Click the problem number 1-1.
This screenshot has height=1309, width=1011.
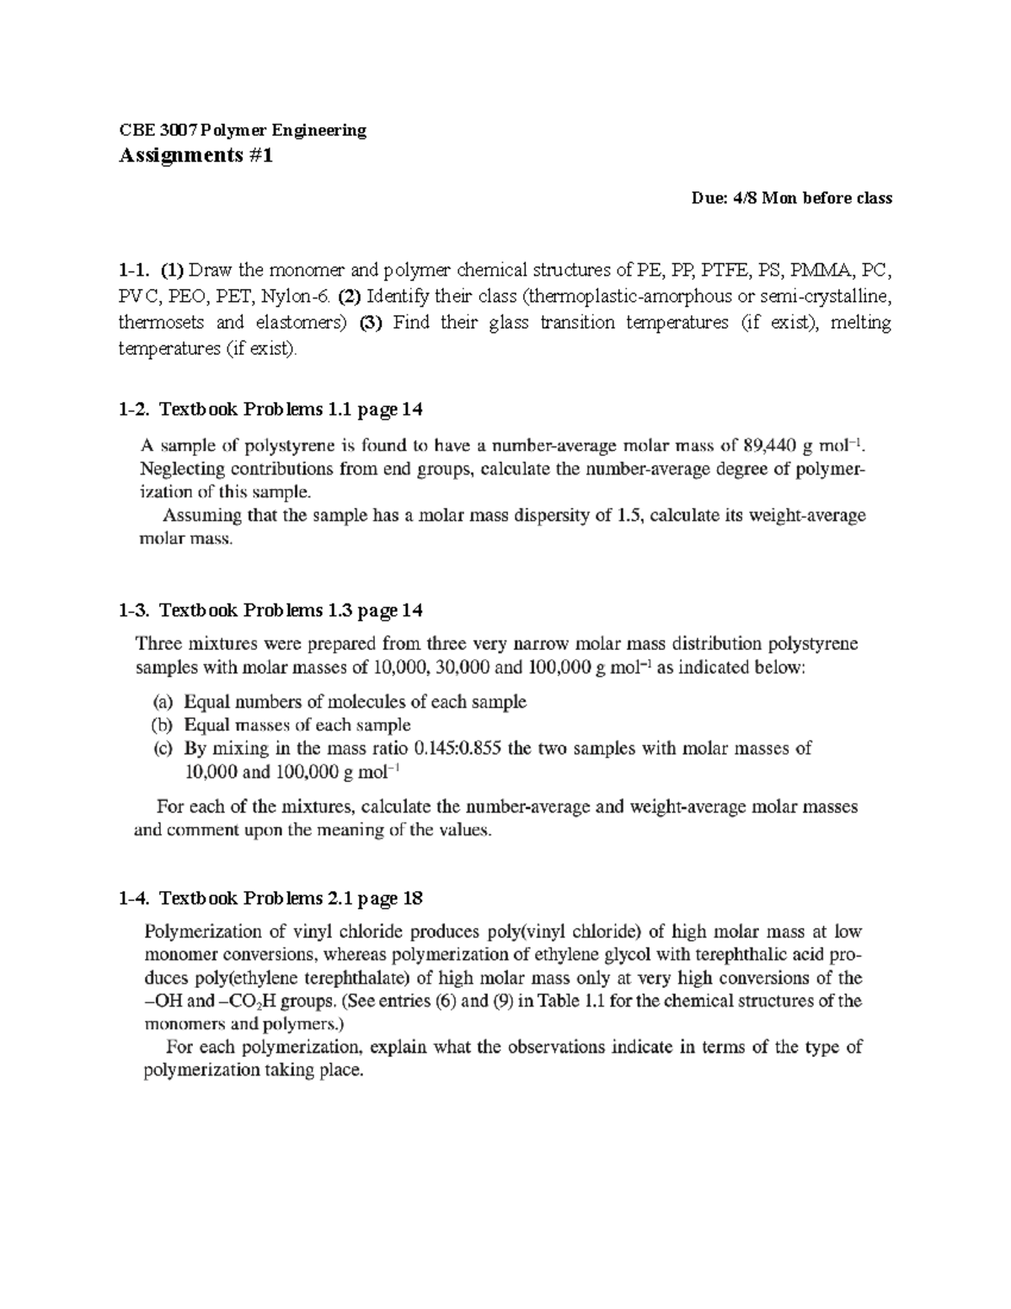pos(134,271)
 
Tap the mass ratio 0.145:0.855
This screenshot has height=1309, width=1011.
pos(459,748)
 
